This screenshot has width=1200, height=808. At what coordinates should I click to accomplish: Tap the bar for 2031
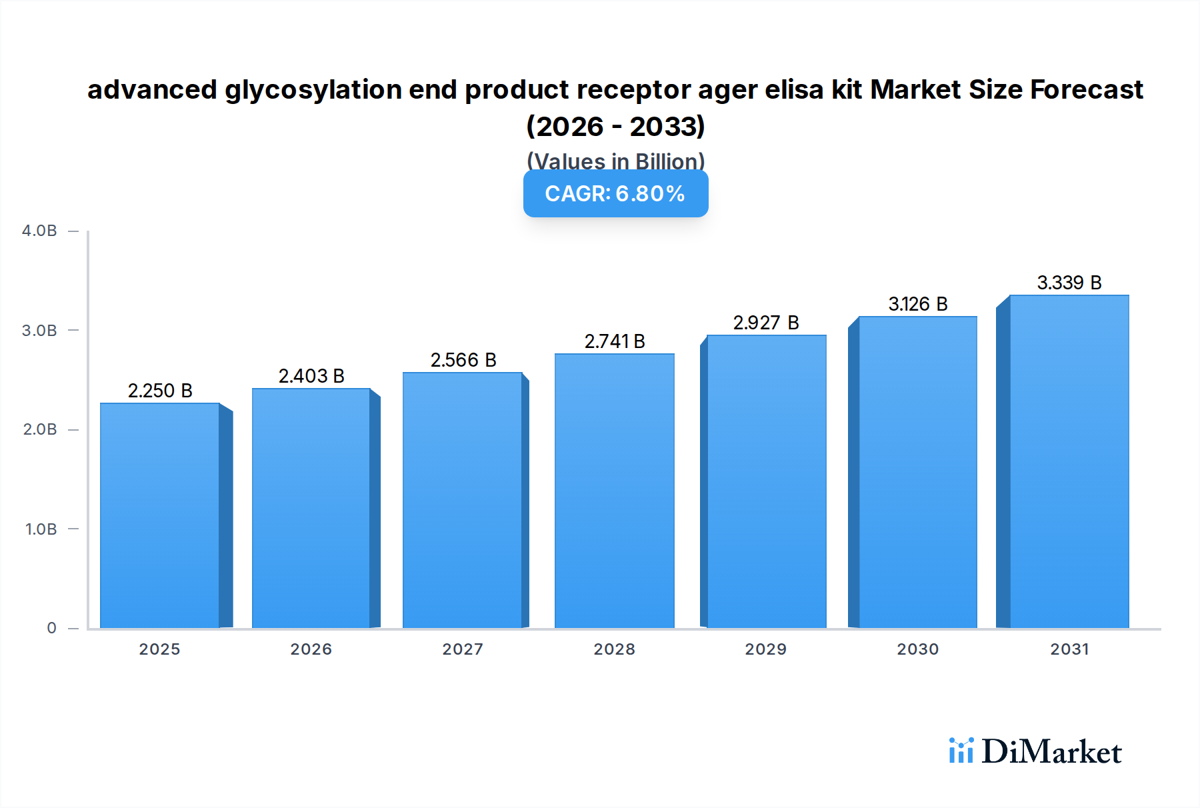click(x=1069, y=461)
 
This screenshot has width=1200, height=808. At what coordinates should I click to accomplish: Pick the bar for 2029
click(x=766, y=481)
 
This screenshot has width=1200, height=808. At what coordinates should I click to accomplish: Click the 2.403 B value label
click(x=311, y=376)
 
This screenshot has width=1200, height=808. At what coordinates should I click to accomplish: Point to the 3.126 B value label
click(x=917, y=304)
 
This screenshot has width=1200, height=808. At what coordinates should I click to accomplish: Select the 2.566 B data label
click(x=463, y=360)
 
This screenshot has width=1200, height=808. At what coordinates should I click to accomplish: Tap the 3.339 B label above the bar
click(x=1069, y=283)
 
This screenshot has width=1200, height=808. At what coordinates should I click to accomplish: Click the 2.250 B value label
click(x=160, y=391)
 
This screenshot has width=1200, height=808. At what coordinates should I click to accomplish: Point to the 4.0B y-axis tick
click(x=39, y=231)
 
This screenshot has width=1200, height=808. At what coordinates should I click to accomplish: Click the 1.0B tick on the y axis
click(x=41, y=529)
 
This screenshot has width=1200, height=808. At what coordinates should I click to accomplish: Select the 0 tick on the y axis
click(x=51, y=628)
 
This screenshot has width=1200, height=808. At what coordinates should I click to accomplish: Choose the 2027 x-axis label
click(x=463, y=649)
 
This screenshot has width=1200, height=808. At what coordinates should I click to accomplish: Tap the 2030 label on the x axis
click(x=917, y=649)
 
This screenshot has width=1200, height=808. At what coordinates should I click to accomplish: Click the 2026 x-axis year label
click(x=311, y=649)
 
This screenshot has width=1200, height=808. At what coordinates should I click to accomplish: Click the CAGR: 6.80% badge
click(x=615, y=193)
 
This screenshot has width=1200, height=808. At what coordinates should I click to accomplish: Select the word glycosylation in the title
click(x=313, y=90)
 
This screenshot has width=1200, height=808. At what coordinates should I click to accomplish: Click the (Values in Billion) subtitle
click(x=615, y=161)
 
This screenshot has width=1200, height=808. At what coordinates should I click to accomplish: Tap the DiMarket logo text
click(x=1051, y=752)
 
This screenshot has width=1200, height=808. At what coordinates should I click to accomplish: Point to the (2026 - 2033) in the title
click(x=615, y=126)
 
